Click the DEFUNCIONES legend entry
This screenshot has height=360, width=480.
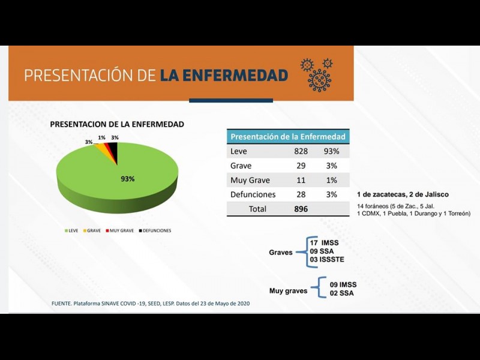(155, 230)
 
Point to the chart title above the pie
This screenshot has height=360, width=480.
(117, 124)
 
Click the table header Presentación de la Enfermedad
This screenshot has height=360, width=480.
(288, 137)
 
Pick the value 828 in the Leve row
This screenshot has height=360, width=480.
(301, 151)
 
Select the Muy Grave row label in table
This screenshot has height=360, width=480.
(250, 180)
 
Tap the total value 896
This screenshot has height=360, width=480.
(301, 209)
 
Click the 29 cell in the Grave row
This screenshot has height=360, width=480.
(301, 166)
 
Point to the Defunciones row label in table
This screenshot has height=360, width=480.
(253, 194)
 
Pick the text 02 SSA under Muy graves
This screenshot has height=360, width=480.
(342, 293)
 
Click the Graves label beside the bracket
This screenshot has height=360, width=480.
(281, 253)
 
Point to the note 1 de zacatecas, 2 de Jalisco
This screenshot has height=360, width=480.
(403, 194)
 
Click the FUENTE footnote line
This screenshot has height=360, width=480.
(151, 304)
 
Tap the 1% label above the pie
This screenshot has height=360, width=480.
(102, 137)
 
